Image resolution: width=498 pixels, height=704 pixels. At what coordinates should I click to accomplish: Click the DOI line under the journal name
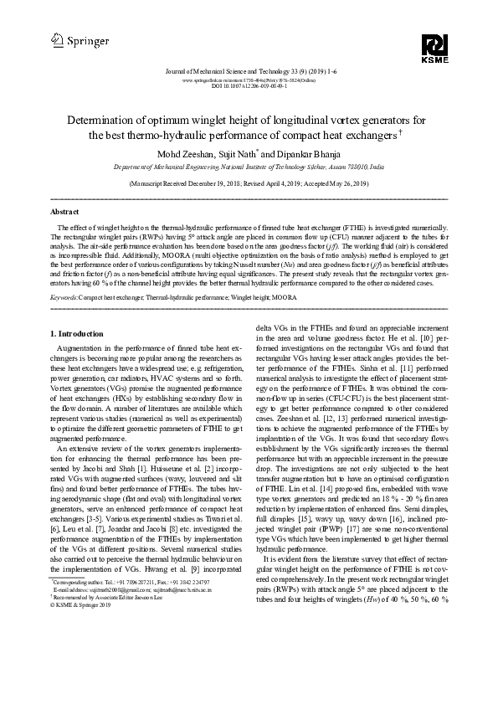[x=249, y=85]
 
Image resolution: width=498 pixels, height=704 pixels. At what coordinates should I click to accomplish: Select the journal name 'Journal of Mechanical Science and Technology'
[x=218, y=72]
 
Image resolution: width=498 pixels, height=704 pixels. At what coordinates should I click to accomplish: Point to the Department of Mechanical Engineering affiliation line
[x=249, y=167]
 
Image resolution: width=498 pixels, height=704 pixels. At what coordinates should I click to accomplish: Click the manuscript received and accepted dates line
[x=249, y=182]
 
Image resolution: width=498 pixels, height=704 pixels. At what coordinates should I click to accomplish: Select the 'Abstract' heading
[x=65, y=213]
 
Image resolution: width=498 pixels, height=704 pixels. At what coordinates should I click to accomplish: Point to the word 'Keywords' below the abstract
[x=64, y=297]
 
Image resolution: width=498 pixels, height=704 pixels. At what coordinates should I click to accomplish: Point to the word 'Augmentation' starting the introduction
[x=83, y=347]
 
